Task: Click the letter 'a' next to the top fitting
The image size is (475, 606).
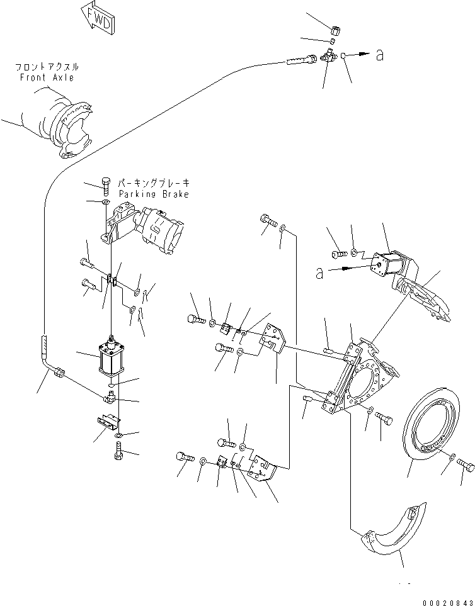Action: click(x=379, y=55)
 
